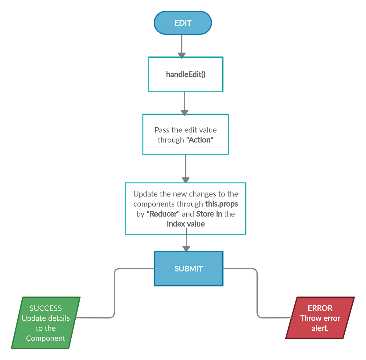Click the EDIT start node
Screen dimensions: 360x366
pyautogui.click(x=183, y=23)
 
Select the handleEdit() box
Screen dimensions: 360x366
pyautogui.click(x=186, y=74)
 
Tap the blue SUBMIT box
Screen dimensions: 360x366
pyautogui.click(x=188, y=268)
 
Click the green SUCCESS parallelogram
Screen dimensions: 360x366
pyautogui.click(x=46, y=323)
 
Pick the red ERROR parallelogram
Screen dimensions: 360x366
pyautogui.click(x=320, y=318)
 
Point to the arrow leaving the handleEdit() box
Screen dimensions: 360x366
pyautogui.click(x=184, y=102)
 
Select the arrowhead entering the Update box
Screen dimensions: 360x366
pyautogui.click(x=186, y=179)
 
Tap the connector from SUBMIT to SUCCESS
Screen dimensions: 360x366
pyautogui.click(x=114, y=293)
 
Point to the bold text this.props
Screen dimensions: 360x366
pyautogui.click(x=221, y=204)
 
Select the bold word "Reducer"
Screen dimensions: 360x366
pyautogui.click(x=163, y=214)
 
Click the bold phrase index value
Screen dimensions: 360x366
pyautogui.click(x=186, y=224)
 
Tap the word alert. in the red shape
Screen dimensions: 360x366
pyautogui.click(x=320, y=328)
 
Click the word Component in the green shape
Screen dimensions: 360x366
pyautogui.click(x=46, y=338)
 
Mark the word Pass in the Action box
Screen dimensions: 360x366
pyautogui.click(x=162, y=130)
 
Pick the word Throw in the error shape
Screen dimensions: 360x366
pyautogui.click(x=310, y=318)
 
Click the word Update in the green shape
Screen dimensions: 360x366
pyautogui.click(x=34, y=318)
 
